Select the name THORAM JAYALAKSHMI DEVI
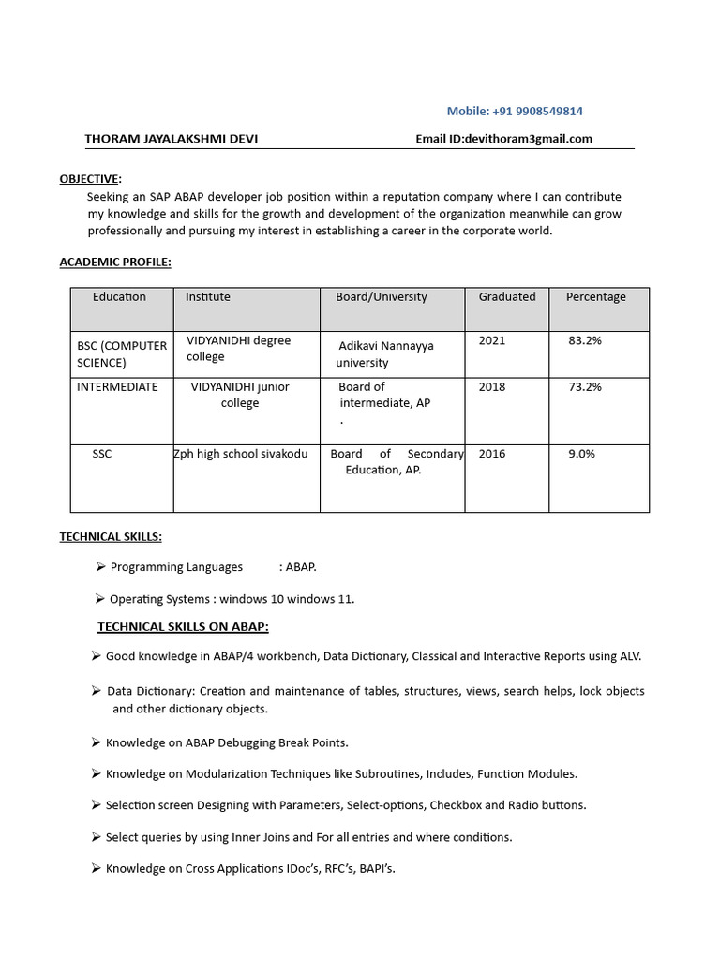point(172,139)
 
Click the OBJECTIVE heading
point(90,178)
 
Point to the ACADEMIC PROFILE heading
point(115,262)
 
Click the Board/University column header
point(381,296)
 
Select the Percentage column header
point(595,296)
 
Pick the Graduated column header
point(507,296)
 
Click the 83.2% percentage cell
point(585,340)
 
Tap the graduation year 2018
point(492,386)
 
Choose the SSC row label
point(102,454)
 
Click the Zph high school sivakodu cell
point(241,454)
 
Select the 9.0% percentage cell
point(582,454)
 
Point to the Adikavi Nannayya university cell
point(385,353)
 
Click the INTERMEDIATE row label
point(117,386)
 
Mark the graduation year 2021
point(492,340)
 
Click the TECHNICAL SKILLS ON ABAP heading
point(183,626)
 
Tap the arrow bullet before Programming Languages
point(99,566)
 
